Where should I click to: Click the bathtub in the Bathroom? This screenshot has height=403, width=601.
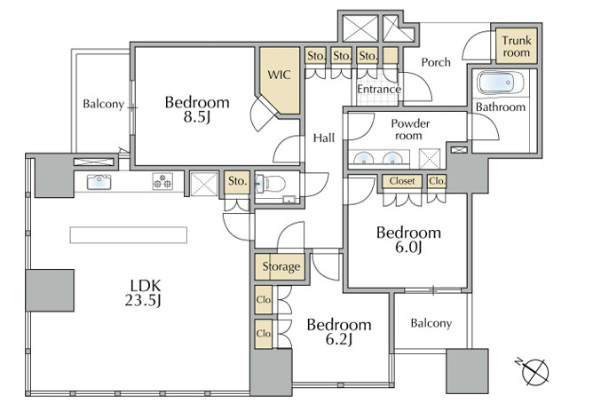(495, 83)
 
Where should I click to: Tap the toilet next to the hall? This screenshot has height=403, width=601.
(271, 184)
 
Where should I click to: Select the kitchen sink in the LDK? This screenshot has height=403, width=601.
(99, 182)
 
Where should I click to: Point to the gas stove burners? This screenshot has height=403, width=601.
(162, 181)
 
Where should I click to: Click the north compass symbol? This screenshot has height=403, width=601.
(534, 371)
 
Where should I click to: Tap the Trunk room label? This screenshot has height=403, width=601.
(517, 46)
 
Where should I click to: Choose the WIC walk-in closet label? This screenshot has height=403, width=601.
(279, 75)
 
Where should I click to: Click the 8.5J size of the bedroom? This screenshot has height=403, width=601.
(197, 117)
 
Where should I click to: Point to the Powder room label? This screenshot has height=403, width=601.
(410, 130)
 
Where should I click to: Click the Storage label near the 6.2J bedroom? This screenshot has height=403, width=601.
(281, 266)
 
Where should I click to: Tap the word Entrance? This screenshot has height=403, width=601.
(379, 90)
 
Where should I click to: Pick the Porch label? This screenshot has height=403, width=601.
(436, 62)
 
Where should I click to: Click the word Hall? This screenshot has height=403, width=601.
(324, 138)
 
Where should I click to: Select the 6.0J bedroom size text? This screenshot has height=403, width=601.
(408, 248)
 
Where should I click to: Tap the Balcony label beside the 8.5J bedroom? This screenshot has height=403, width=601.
(104, 104)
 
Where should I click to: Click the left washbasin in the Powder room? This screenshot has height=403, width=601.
(362, 159)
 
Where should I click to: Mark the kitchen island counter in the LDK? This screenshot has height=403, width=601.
(129, 235)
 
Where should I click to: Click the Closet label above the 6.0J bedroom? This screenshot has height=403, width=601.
(402, 181)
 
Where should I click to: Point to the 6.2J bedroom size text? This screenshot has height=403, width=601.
(339, 339)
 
